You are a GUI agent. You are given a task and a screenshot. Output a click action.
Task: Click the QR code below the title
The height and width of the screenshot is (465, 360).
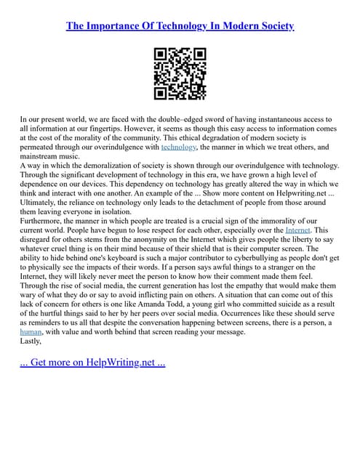coord(180,73)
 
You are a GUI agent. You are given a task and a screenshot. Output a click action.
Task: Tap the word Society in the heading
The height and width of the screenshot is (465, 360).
coord(273,26)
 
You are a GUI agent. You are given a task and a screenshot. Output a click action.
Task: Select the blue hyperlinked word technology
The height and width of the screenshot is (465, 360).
coord(178,146)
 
